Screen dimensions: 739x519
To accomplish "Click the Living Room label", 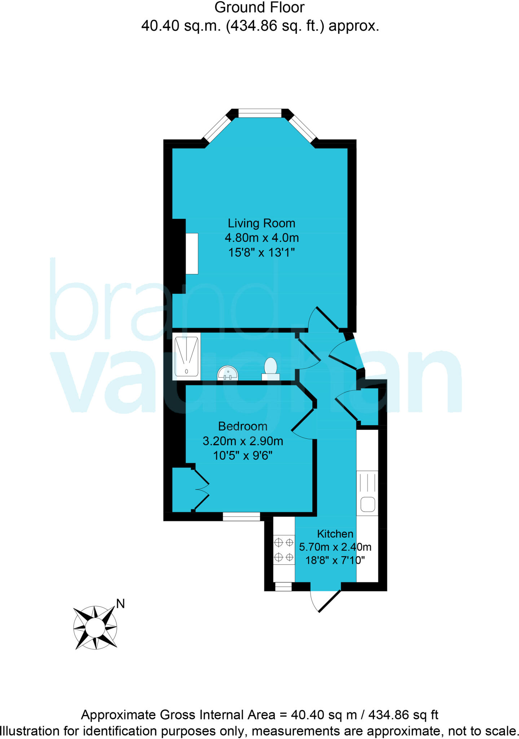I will (x=261, y=223).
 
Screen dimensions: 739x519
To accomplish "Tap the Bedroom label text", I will (x=243, y=427).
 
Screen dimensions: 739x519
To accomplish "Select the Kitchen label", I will (x=335, y=534).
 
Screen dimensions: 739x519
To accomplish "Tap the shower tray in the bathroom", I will (x=186, y=357).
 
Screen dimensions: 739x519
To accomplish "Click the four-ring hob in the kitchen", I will (x=284, y=550).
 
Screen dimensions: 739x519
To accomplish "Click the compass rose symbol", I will (x=95, y=628).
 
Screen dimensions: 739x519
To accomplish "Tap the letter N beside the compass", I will (x=120, y=604).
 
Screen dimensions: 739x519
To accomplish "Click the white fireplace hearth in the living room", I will (x=192, y=253).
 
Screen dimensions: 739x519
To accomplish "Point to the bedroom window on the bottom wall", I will (x=241, y=517).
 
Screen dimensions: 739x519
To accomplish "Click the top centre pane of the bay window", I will (x=260, y=113).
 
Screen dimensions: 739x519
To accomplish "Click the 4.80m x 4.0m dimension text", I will (x=261, y=238).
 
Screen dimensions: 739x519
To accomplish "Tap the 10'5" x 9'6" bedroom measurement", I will (x=243, y=456).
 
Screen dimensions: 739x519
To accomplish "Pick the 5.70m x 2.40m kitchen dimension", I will (x=335, y=547).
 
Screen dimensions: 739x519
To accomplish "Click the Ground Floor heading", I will (x=259, y=8).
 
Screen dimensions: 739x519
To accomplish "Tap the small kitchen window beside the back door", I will (x=283, y=587).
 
